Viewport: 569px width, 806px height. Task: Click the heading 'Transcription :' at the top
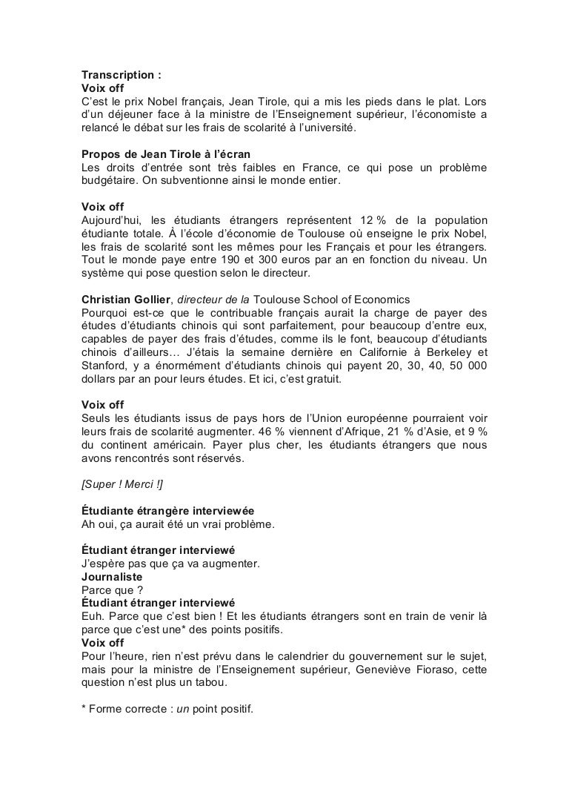122,75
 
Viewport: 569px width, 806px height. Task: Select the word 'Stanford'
104,363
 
